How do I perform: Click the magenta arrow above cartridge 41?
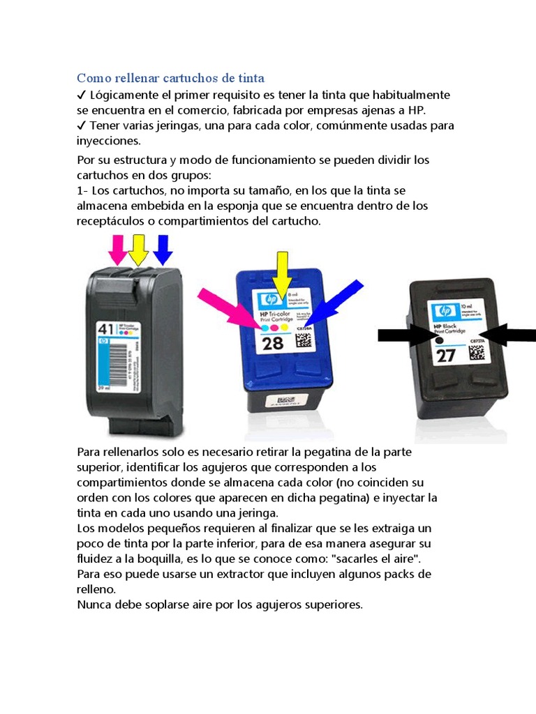pyautogui.click(x=118, y=249)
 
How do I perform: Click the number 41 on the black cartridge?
pyautogui.click(x=106, y=327)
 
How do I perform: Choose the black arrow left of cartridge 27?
pyautogui.click(x=405, y=335)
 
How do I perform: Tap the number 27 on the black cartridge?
pyautogui.click(x=445, y=356)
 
